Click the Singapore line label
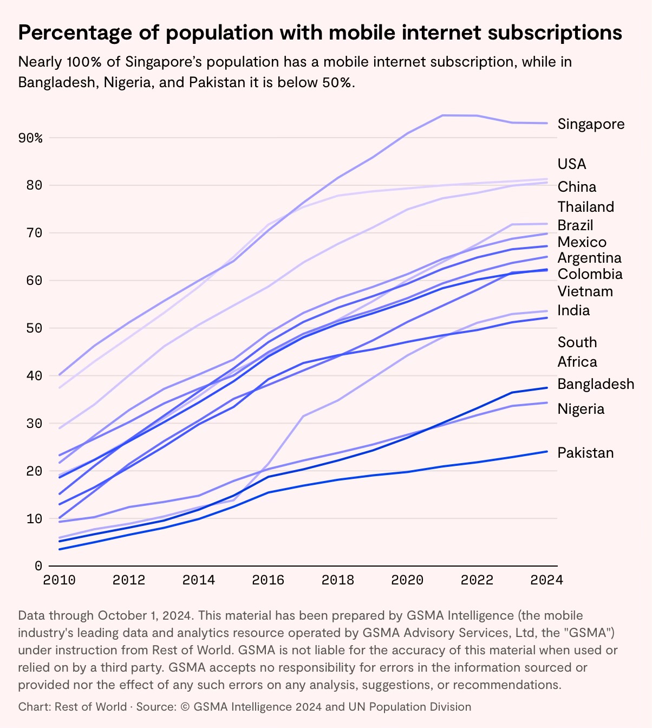591,124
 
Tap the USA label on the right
572,164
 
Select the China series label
577,187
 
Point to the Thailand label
586,207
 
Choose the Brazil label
575,225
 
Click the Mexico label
582,242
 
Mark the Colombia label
590,274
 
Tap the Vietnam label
585,291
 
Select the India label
573,310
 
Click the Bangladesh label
596,384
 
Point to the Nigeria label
581,409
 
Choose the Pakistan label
585,453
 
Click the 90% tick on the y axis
30,138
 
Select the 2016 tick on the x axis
268,580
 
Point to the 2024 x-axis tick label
547,580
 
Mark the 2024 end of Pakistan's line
547,451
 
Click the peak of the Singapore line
443,115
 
